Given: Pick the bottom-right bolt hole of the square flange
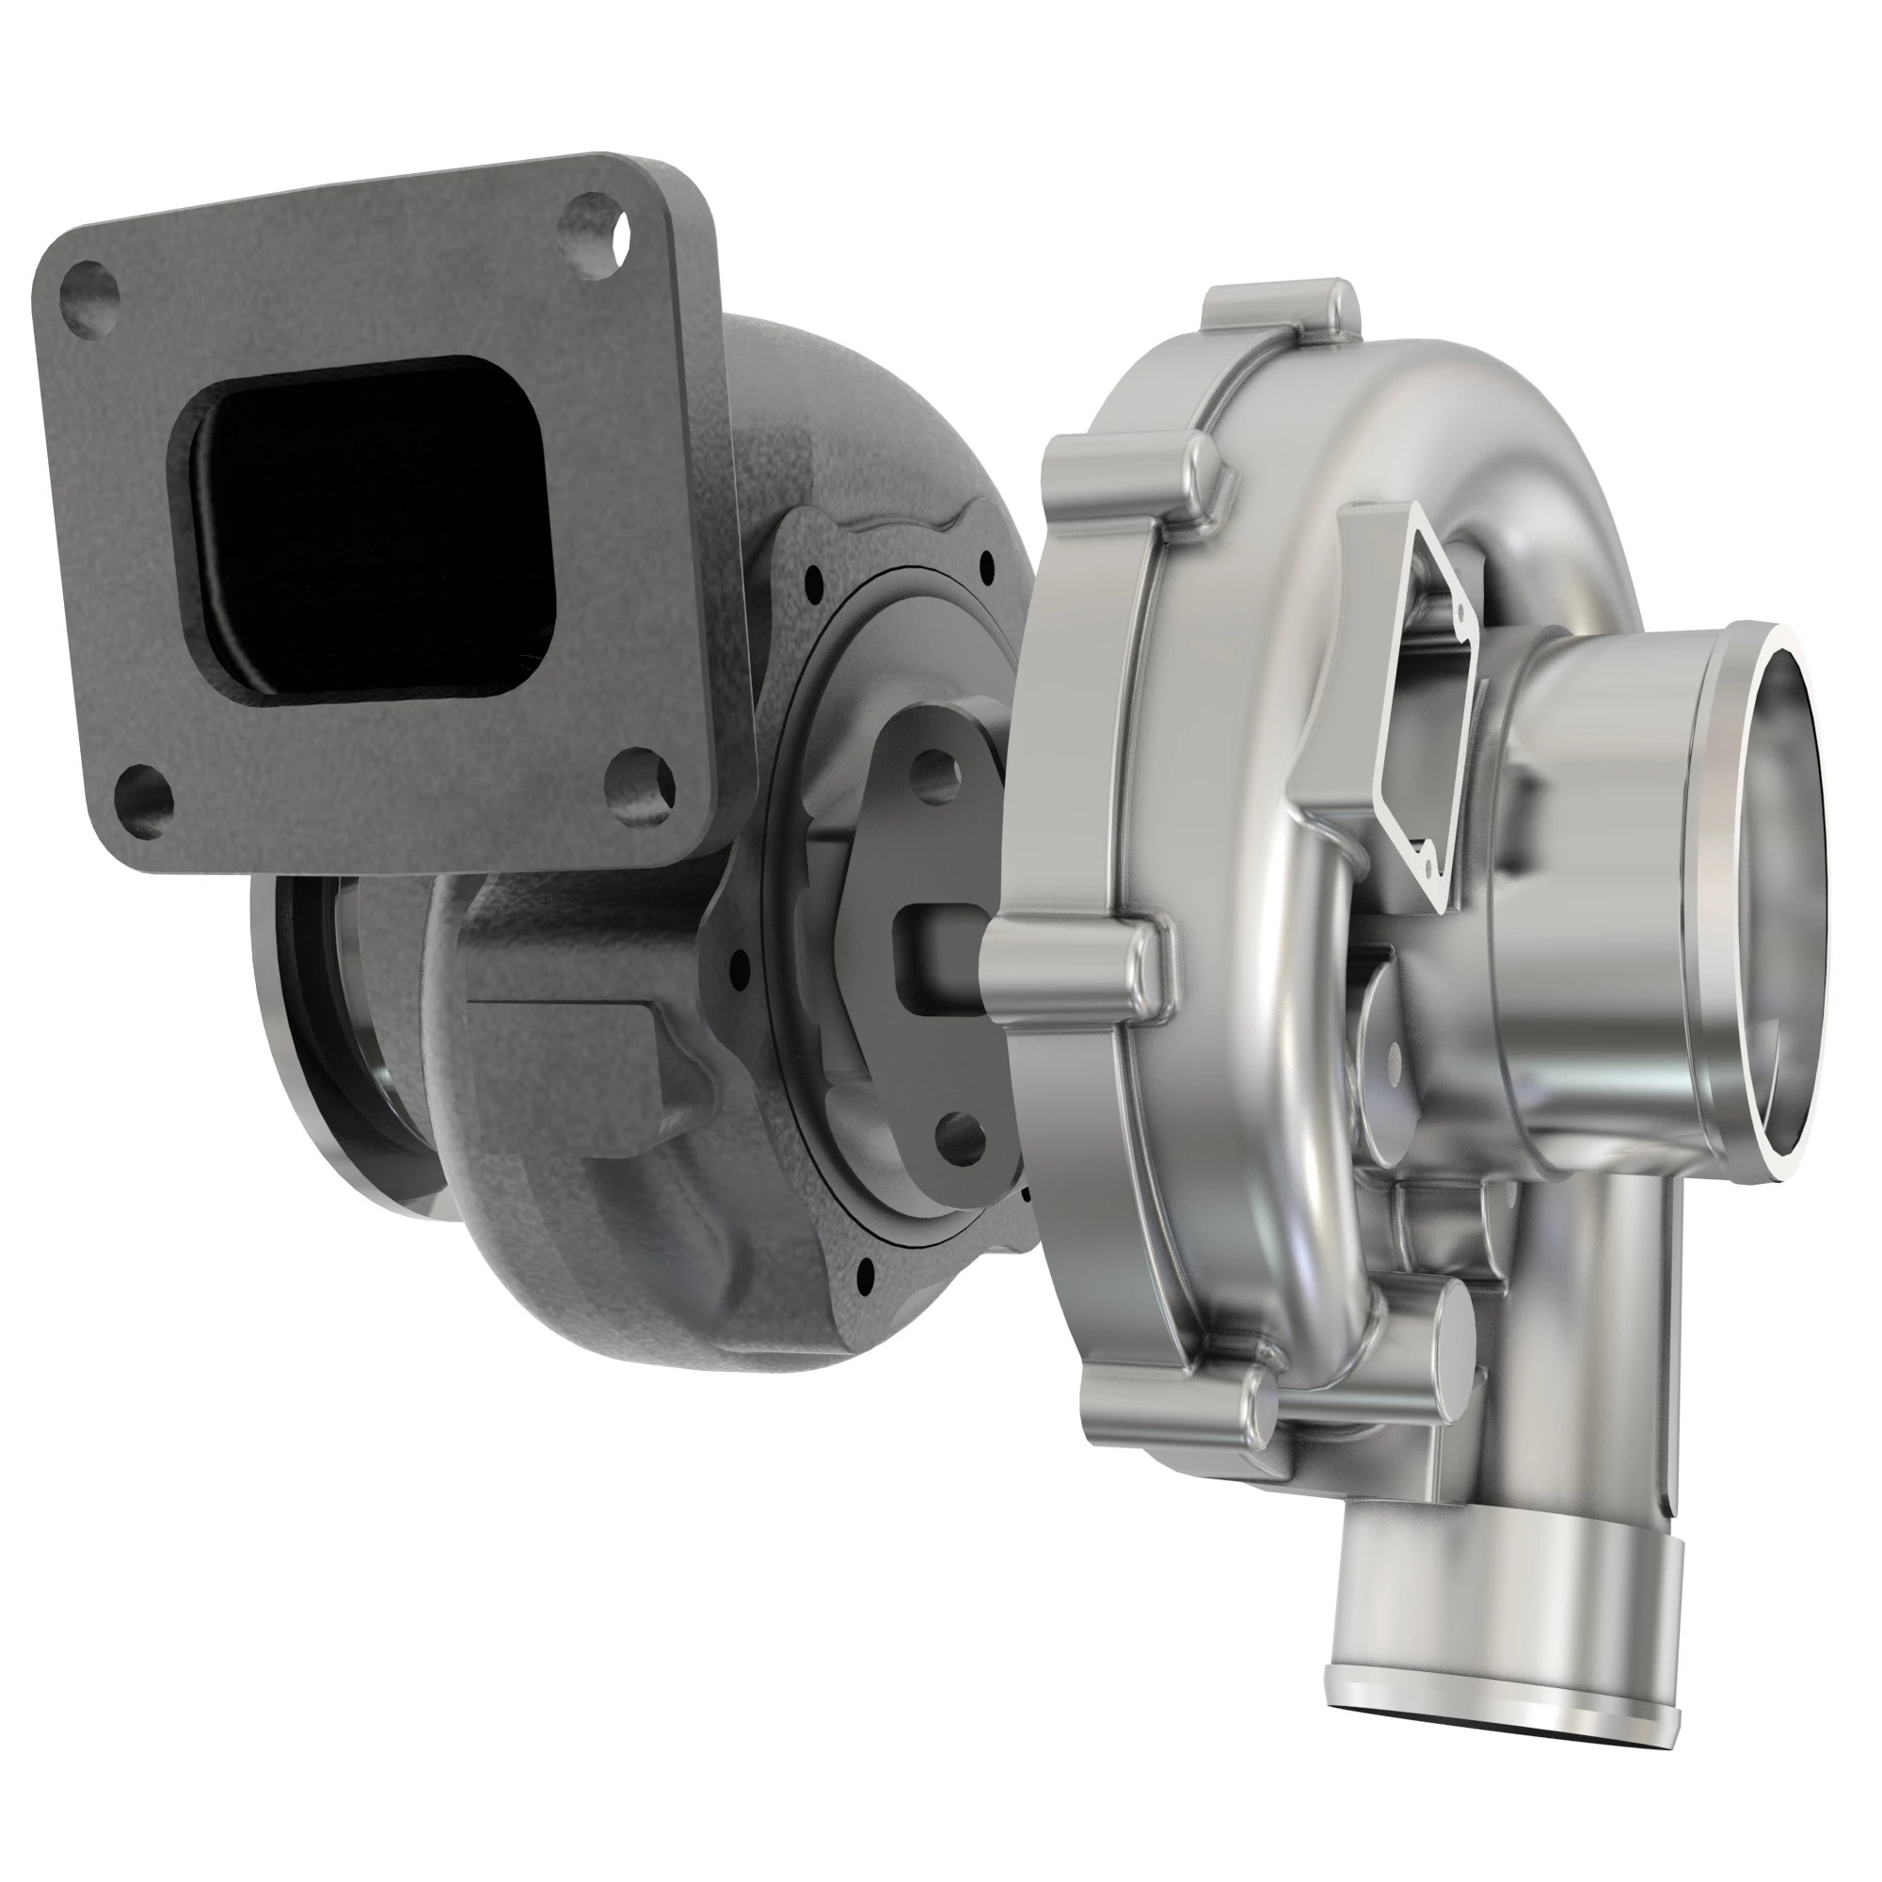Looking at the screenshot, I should pyautogui.click(x=639, y=782).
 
